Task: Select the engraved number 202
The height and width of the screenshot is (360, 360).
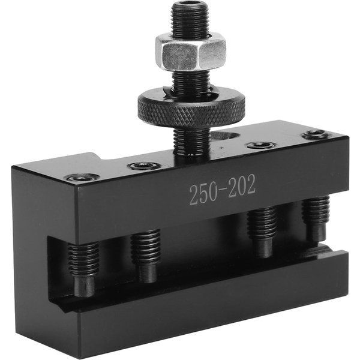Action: (241, 187)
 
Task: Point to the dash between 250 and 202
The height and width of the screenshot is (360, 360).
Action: (222, 190)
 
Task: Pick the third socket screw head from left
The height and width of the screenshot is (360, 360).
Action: (260, 145)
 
